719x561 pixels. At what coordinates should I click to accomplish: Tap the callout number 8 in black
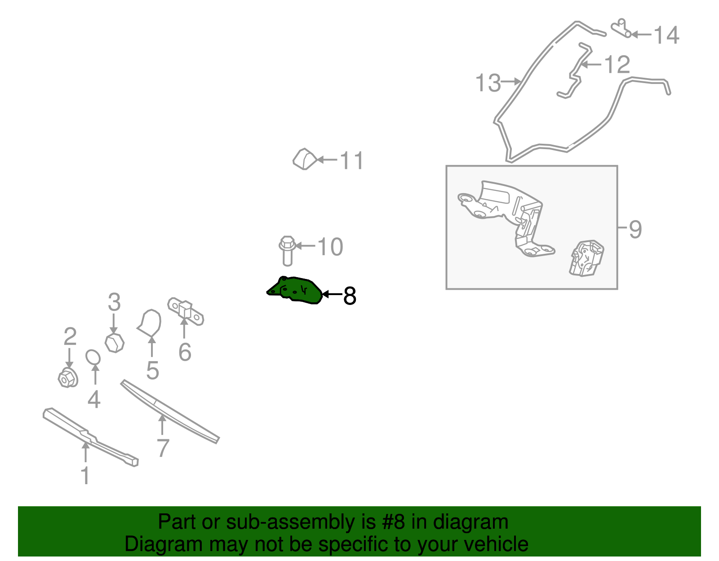(x=350, y=296)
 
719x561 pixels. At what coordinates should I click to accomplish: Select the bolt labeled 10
(x=287, y=251)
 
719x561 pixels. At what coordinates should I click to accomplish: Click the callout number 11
(x=351, y=160)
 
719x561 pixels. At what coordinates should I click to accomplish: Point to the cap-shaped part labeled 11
(x=305, y=159)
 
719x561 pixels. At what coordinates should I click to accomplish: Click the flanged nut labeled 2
(x=68, y=378)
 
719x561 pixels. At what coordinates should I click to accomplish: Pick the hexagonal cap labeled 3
(x=115, y=343)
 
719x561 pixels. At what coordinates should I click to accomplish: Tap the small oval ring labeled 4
(x=93, y=358)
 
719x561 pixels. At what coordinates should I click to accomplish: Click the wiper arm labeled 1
(x=90, y=437)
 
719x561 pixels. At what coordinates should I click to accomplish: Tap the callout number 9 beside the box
(x=635, y=230)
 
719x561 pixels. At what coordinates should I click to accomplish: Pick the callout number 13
(x=488, y=83)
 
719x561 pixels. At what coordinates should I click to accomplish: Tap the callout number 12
(x=617, y=65)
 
